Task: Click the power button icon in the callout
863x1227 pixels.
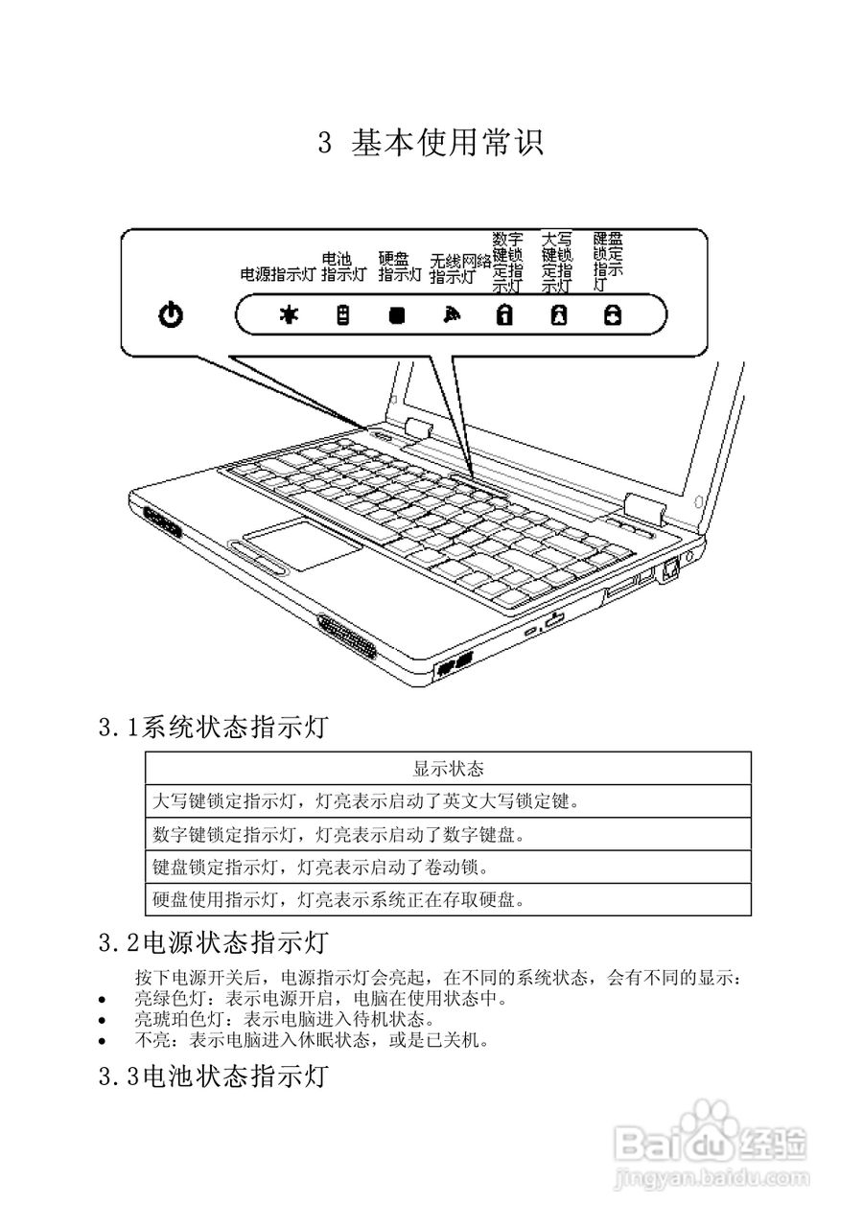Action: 171,314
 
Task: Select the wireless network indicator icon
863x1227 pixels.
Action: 451,314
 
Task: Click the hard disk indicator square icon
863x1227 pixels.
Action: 396,314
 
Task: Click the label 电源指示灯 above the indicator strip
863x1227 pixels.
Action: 277,274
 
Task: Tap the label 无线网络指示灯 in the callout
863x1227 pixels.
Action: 459,268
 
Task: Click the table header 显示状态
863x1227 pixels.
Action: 448,769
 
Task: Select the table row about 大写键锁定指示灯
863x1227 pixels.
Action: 366,800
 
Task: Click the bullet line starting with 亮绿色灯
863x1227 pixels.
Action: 320,998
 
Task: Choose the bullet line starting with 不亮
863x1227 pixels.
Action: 313,1039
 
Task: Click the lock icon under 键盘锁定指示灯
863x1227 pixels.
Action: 611,314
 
